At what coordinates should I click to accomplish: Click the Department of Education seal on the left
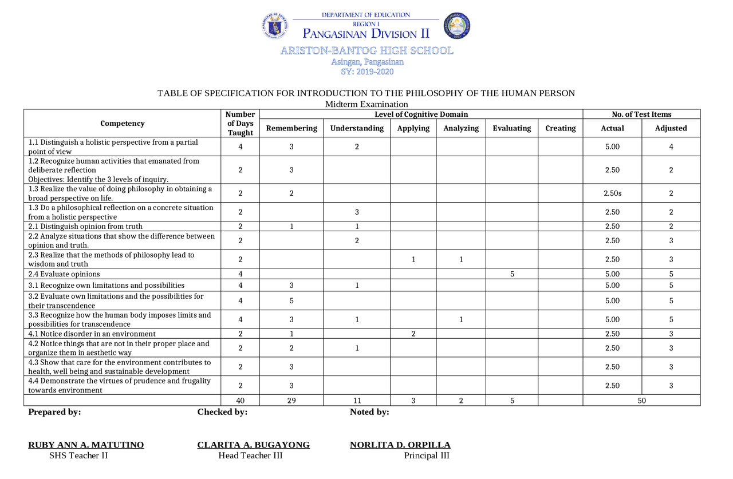point(275,26)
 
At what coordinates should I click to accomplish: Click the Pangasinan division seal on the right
point(457,26)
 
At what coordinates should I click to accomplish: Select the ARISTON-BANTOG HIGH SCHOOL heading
point(366,51)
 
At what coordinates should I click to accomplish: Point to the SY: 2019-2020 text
point(367,72)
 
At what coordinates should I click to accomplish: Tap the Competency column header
point(123,124)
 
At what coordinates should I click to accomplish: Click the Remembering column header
point(291,128)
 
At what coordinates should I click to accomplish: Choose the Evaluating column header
point(512,128)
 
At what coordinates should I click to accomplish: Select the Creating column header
point(561,128)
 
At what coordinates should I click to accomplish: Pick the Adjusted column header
point(671,128)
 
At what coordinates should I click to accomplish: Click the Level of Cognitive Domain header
point(421,114)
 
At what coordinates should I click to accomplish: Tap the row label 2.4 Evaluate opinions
point(64,274)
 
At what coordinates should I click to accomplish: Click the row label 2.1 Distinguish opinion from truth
point(85,227)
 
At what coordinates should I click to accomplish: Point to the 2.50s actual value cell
point(612,193)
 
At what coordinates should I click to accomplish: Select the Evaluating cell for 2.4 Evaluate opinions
point(512,274)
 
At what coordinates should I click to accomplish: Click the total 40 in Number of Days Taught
point(241,401)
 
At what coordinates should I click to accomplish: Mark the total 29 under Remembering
point(291,401)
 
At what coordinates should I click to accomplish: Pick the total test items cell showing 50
point(641,401)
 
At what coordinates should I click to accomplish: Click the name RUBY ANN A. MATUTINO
point(86,445)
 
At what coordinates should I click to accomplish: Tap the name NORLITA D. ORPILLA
point(400,445)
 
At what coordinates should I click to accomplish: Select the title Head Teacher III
point(250,456)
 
